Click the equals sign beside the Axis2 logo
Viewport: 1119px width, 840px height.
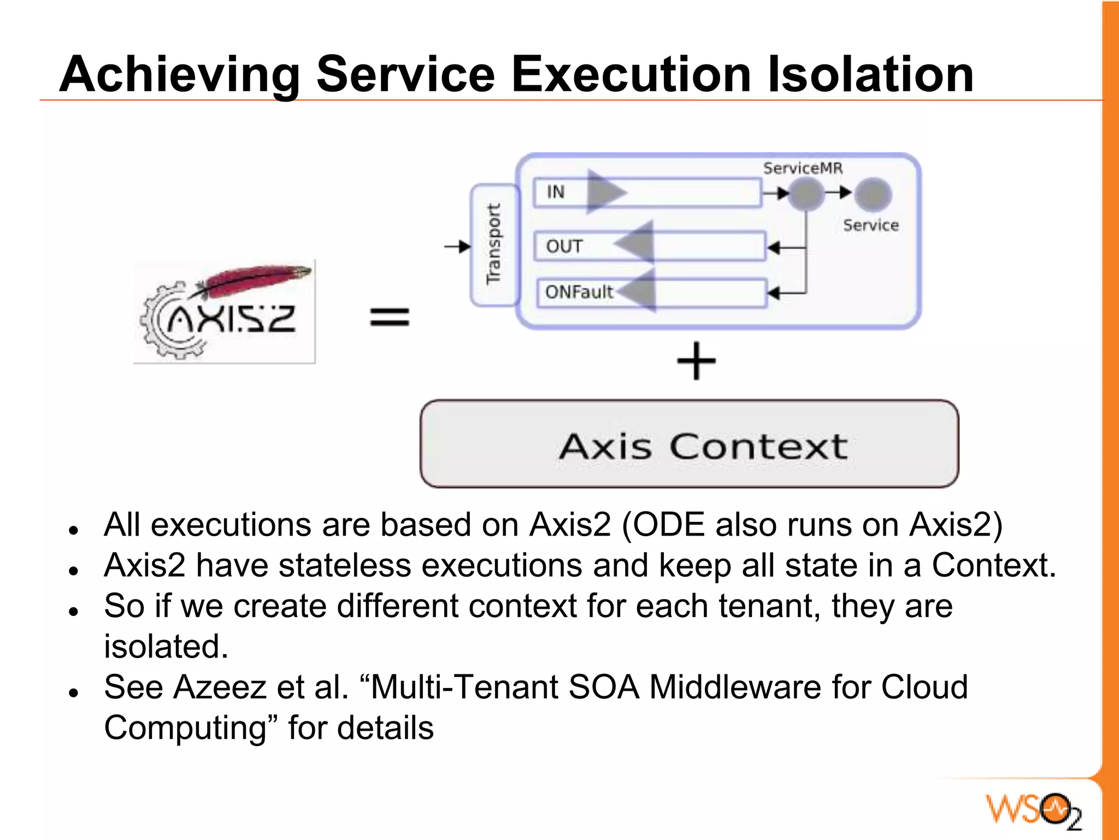tap(390, 317)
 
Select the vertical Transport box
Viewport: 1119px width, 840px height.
tap(494, 244)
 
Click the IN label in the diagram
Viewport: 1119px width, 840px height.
tap(555, 192)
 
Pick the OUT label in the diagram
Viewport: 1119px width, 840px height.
tap(564, 246)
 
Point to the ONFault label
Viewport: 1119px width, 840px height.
tap(579, 292)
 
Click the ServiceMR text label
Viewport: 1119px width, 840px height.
tap(802, 168)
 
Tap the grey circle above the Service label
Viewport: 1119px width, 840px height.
tap(873, 194)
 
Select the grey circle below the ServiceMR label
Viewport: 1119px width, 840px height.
tap(806, 194)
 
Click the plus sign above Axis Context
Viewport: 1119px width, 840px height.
tap(696, 361)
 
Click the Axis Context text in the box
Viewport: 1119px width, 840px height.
tap(703, 447)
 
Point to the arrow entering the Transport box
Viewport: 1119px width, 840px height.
tap(457, 247)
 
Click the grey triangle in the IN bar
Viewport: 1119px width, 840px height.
tap(605, 192)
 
